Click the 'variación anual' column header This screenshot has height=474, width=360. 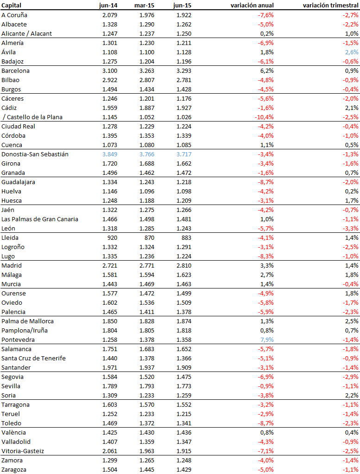(252, 6)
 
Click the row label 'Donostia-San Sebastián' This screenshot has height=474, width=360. (35, 154)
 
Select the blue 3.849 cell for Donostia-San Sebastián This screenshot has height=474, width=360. (109, 154)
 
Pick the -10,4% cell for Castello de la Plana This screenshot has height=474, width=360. (264, 117)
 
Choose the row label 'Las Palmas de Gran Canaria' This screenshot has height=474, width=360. (40, 219)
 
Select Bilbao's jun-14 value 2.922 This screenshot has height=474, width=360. (109, 80)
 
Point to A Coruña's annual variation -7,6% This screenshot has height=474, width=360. (265, 15)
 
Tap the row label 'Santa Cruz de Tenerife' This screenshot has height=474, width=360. (33, 358)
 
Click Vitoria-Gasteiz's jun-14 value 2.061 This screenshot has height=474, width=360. (109, 451)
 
